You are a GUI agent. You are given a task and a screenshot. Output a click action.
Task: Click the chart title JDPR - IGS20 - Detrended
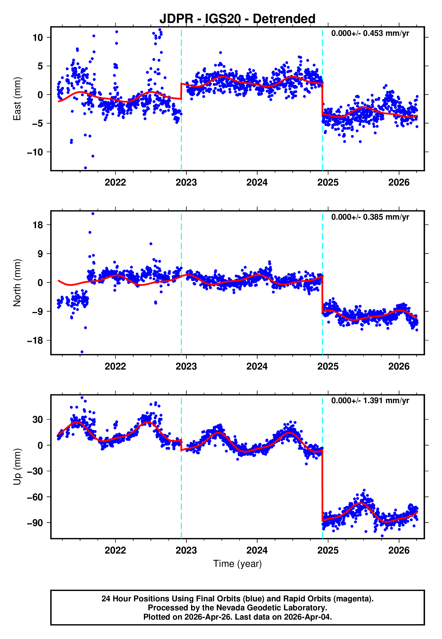(237, 19)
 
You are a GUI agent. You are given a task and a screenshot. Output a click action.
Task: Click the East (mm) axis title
(17, 99)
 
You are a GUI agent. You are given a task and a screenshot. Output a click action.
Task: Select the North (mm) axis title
(17, 283)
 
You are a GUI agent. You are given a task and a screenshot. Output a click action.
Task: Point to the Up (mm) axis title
(17, 467)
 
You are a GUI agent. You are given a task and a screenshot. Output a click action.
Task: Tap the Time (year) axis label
(237, 563)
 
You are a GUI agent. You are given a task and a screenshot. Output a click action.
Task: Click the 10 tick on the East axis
(38, 37)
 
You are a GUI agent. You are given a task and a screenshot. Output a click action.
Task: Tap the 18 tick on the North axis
(38, 225)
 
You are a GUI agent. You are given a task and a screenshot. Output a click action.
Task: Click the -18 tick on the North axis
(35, 340)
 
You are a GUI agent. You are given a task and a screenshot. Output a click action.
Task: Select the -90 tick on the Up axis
(35, 523)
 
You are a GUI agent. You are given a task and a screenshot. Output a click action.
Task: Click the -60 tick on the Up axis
(35, 497)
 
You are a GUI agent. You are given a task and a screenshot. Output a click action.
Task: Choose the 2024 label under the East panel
(257, 183)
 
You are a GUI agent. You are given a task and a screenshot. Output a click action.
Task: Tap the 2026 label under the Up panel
(399, 550)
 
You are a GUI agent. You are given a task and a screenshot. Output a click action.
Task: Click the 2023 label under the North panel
(186, 366)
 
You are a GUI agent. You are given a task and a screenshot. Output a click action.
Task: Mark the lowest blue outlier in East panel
(85, 168)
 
